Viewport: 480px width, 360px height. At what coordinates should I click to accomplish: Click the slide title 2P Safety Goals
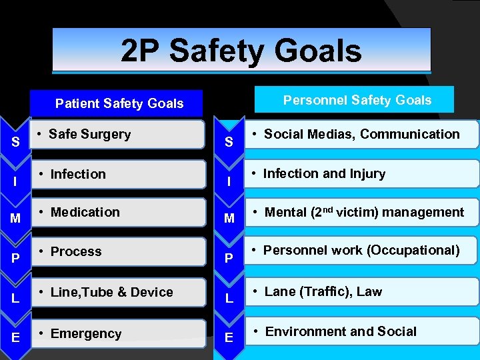click(241, 51)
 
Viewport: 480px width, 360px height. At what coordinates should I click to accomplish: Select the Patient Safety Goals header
click(119, 103)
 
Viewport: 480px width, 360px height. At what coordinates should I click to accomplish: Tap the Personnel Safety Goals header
click(357, 100)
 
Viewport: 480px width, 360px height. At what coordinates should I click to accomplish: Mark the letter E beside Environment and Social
click(229, 338)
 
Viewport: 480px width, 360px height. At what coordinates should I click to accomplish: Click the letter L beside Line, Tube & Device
click(15, 299)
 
